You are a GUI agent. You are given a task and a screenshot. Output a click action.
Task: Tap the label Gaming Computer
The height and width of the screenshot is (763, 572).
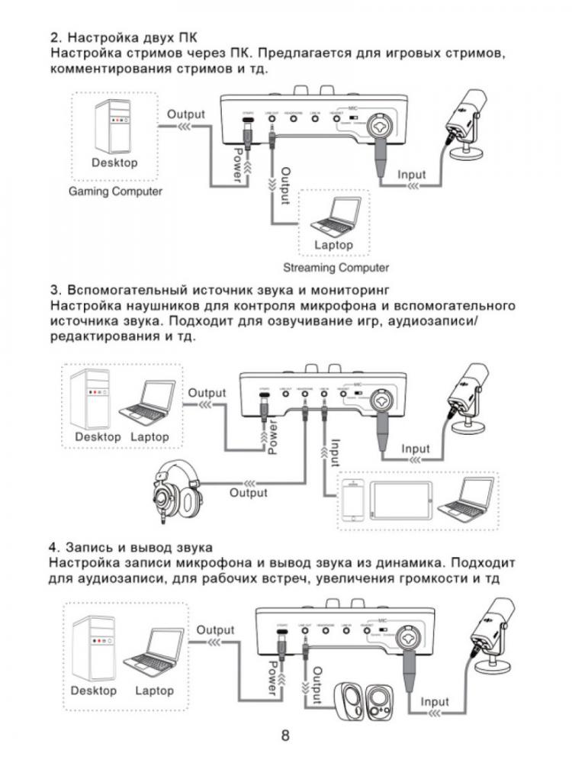click(x=115, y=191)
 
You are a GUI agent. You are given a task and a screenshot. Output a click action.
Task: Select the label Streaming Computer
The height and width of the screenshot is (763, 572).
click(x=336, y=268)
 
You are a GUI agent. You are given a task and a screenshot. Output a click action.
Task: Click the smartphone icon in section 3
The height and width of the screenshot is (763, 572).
click(x=352, y=504)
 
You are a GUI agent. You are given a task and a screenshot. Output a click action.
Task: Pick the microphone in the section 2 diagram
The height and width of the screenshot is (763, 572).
click(x=464, y=127)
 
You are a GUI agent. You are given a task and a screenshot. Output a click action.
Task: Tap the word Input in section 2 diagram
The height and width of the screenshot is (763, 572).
click(x=412, y=175)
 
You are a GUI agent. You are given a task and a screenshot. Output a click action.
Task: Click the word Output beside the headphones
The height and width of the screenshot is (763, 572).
click(x=249, y=494)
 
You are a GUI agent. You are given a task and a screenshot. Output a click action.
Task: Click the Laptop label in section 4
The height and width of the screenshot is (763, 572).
click(x=154, y=691)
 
